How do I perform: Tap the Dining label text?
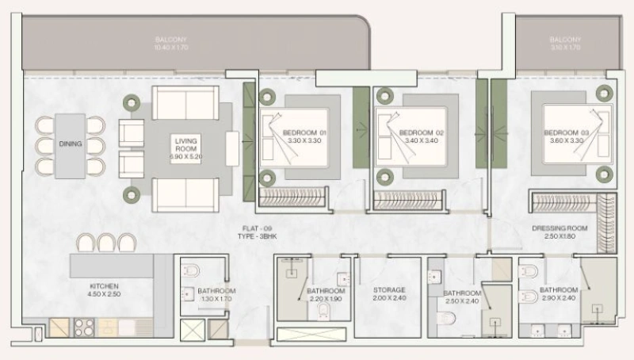pos(71,144)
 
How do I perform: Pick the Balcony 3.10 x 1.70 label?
pos(566,45)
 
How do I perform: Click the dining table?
pos(71,144)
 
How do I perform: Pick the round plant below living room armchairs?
pos(128,193)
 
